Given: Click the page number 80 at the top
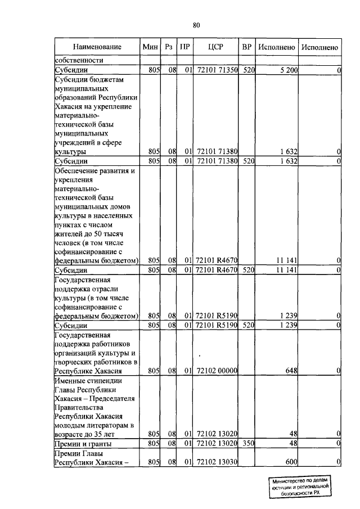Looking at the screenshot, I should [x=196, y=25].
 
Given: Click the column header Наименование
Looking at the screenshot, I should [x=97, y=47].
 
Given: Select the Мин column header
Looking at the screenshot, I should [x=150, y=47].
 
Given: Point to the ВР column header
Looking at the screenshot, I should [x=246, y=47].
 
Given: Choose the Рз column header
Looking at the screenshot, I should [x=169, y=47].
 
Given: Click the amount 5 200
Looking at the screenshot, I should [x=287, y=70].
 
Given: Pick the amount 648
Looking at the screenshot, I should [x=291, y=371].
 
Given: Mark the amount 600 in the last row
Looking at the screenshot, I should [x=291, y=462].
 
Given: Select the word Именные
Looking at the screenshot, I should [x=71, y=380].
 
